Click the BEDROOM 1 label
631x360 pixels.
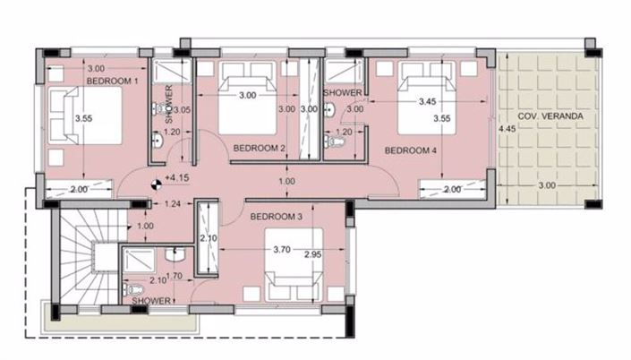[x=112, y=81]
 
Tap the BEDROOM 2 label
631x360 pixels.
[x=259, y=148]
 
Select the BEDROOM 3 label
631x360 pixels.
[x=276, y=217]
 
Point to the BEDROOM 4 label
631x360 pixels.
[x=410, y=150]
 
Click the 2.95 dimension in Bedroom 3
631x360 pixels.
[x=312, y=256]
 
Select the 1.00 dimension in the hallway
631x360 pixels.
[x=286, y=182]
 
